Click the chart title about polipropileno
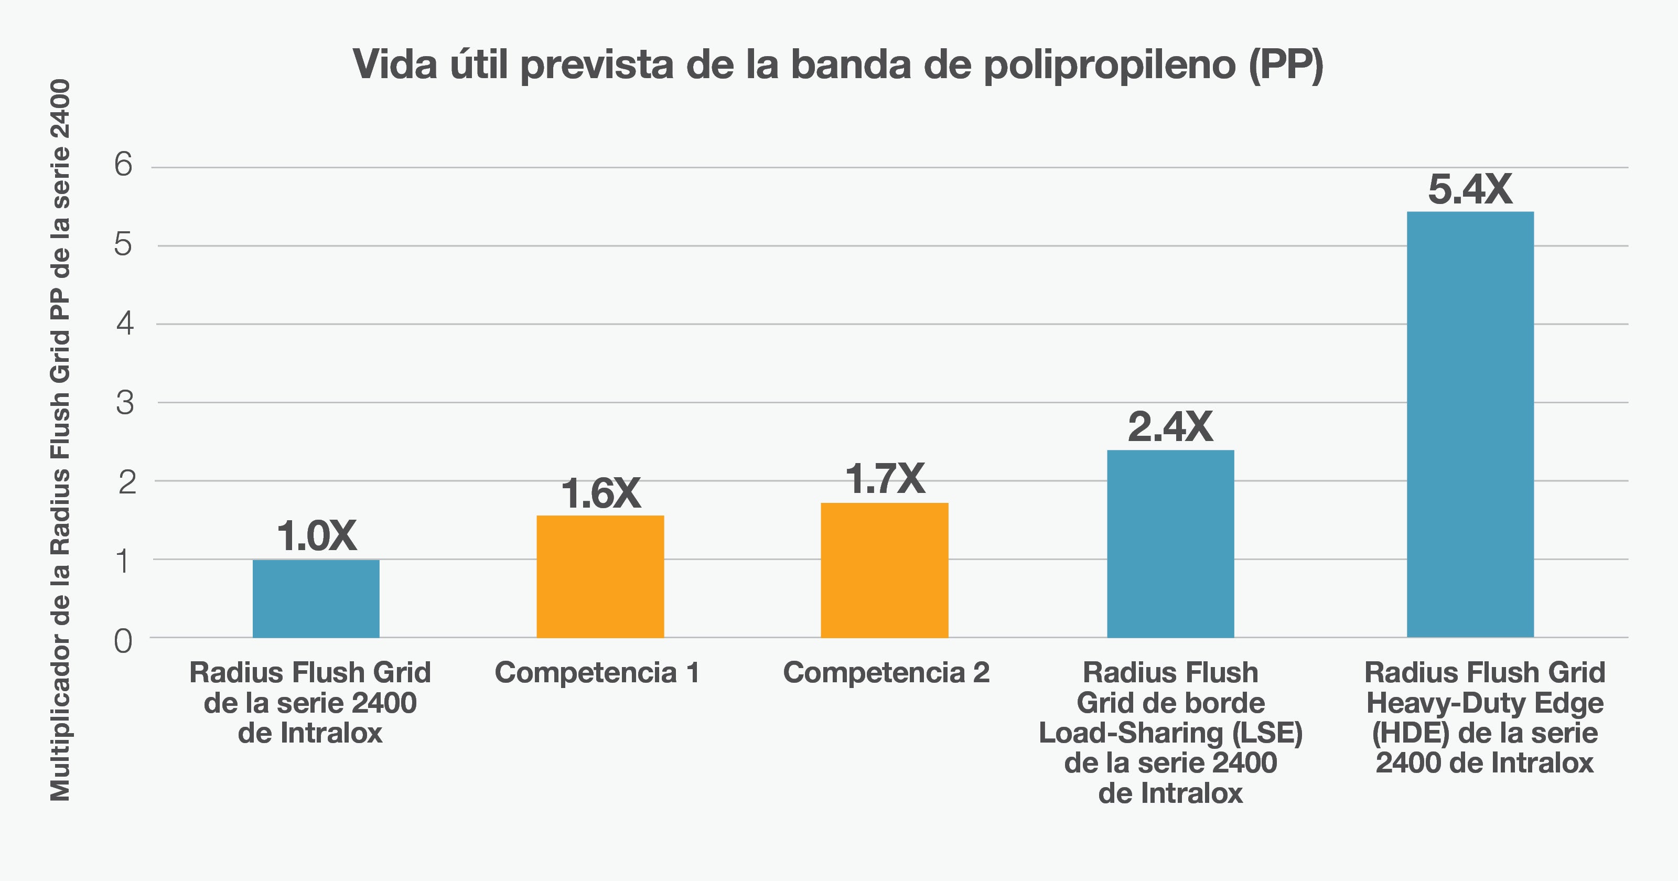coord(838,65)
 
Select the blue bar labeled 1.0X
coord(316,598)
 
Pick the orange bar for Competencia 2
coord(884,570)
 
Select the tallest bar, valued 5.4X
coord(1470,424)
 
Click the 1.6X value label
coord(600,493)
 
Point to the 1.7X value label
coord(885,480)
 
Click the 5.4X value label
coord(1470,190)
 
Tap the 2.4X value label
coord(1170,427)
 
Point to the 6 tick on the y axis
coord(123,164)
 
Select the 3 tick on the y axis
coord(124,403)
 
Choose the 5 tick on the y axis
coord(123,244)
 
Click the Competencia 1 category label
coord(597,672)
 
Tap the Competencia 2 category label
coord(886,672)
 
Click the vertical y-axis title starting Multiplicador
coord(60,440)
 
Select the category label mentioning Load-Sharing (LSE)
coord(1170,733)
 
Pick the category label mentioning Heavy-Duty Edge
coord(1485,717)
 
